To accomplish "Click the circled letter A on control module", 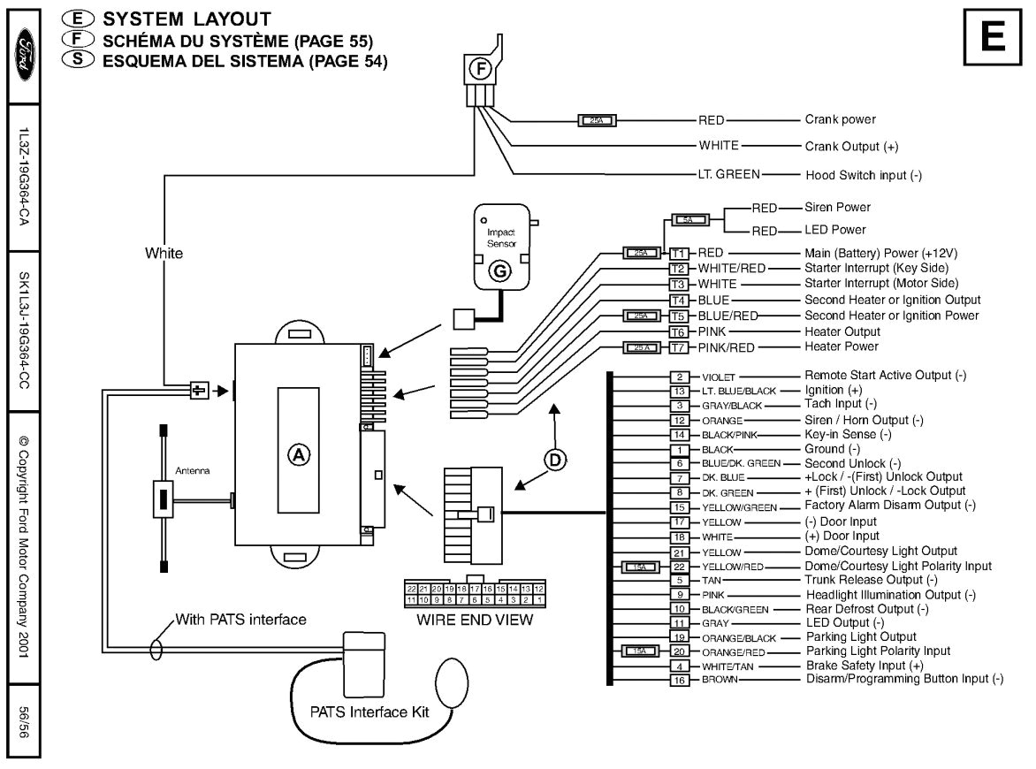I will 298,454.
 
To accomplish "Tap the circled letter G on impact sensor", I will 500,272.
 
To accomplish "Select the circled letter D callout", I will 555,458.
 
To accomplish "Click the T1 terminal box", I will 679,253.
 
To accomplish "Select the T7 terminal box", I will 679,347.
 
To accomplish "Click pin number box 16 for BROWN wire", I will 679,680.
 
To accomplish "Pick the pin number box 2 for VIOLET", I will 679,377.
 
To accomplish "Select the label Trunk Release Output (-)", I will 871,580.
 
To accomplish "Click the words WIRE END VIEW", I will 476,620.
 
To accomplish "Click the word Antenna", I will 194,471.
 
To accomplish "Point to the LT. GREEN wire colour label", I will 728,174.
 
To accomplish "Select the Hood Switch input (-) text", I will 864,175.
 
